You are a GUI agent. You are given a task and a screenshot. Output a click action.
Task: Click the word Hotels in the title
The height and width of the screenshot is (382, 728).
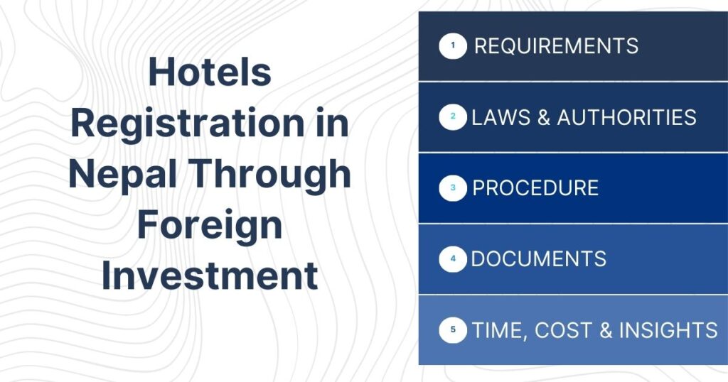point(210,73)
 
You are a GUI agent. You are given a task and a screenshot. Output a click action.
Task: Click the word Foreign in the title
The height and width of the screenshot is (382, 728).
point(210,225)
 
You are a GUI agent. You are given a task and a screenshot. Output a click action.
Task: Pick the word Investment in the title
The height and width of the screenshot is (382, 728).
point(210,275)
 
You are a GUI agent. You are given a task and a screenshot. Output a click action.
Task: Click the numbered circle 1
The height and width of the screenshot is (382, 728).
point(453,47)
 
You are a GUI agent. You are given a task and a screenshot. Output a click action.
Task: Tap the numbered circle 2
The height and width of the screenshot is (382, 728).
point(453,117)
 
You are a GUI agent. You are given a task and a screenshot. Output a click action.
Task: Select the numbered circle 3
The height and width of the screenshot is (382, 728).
point(453,188)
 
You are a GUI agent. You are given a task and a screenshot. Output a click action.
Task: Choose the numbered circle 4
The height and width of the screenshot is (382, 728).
point(453,259)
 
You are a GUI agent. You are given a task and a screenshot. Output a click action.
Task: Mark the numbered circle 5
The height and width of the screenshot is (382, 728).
point(453,330)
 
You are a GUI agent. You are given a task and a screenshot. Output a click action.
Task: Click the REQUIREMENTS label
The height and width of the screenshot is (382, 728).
point(556,47)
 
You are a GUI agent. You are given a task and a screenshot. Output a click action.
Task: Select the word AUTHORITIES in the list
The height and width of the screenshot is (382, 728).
point(626,117)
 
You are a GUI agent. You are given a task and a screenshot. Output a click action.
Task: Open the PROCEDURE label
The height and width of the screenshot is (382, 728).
point(535,188)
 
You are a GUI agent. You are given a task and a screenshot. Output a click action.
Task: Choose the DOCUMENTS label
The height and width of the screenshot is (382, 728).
point(538,259)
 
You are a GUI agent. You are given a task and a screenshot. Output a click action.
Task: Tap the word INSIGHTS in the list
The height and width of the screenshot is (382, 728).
point(668,330)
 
